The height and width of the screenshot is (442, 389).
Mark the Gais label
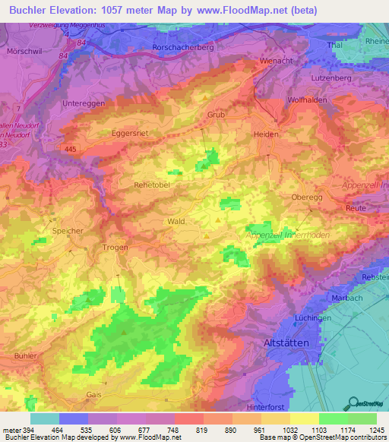click(x=94, y=396)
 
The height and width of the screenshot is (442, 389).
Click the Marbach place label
click(x=347, y=298)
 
